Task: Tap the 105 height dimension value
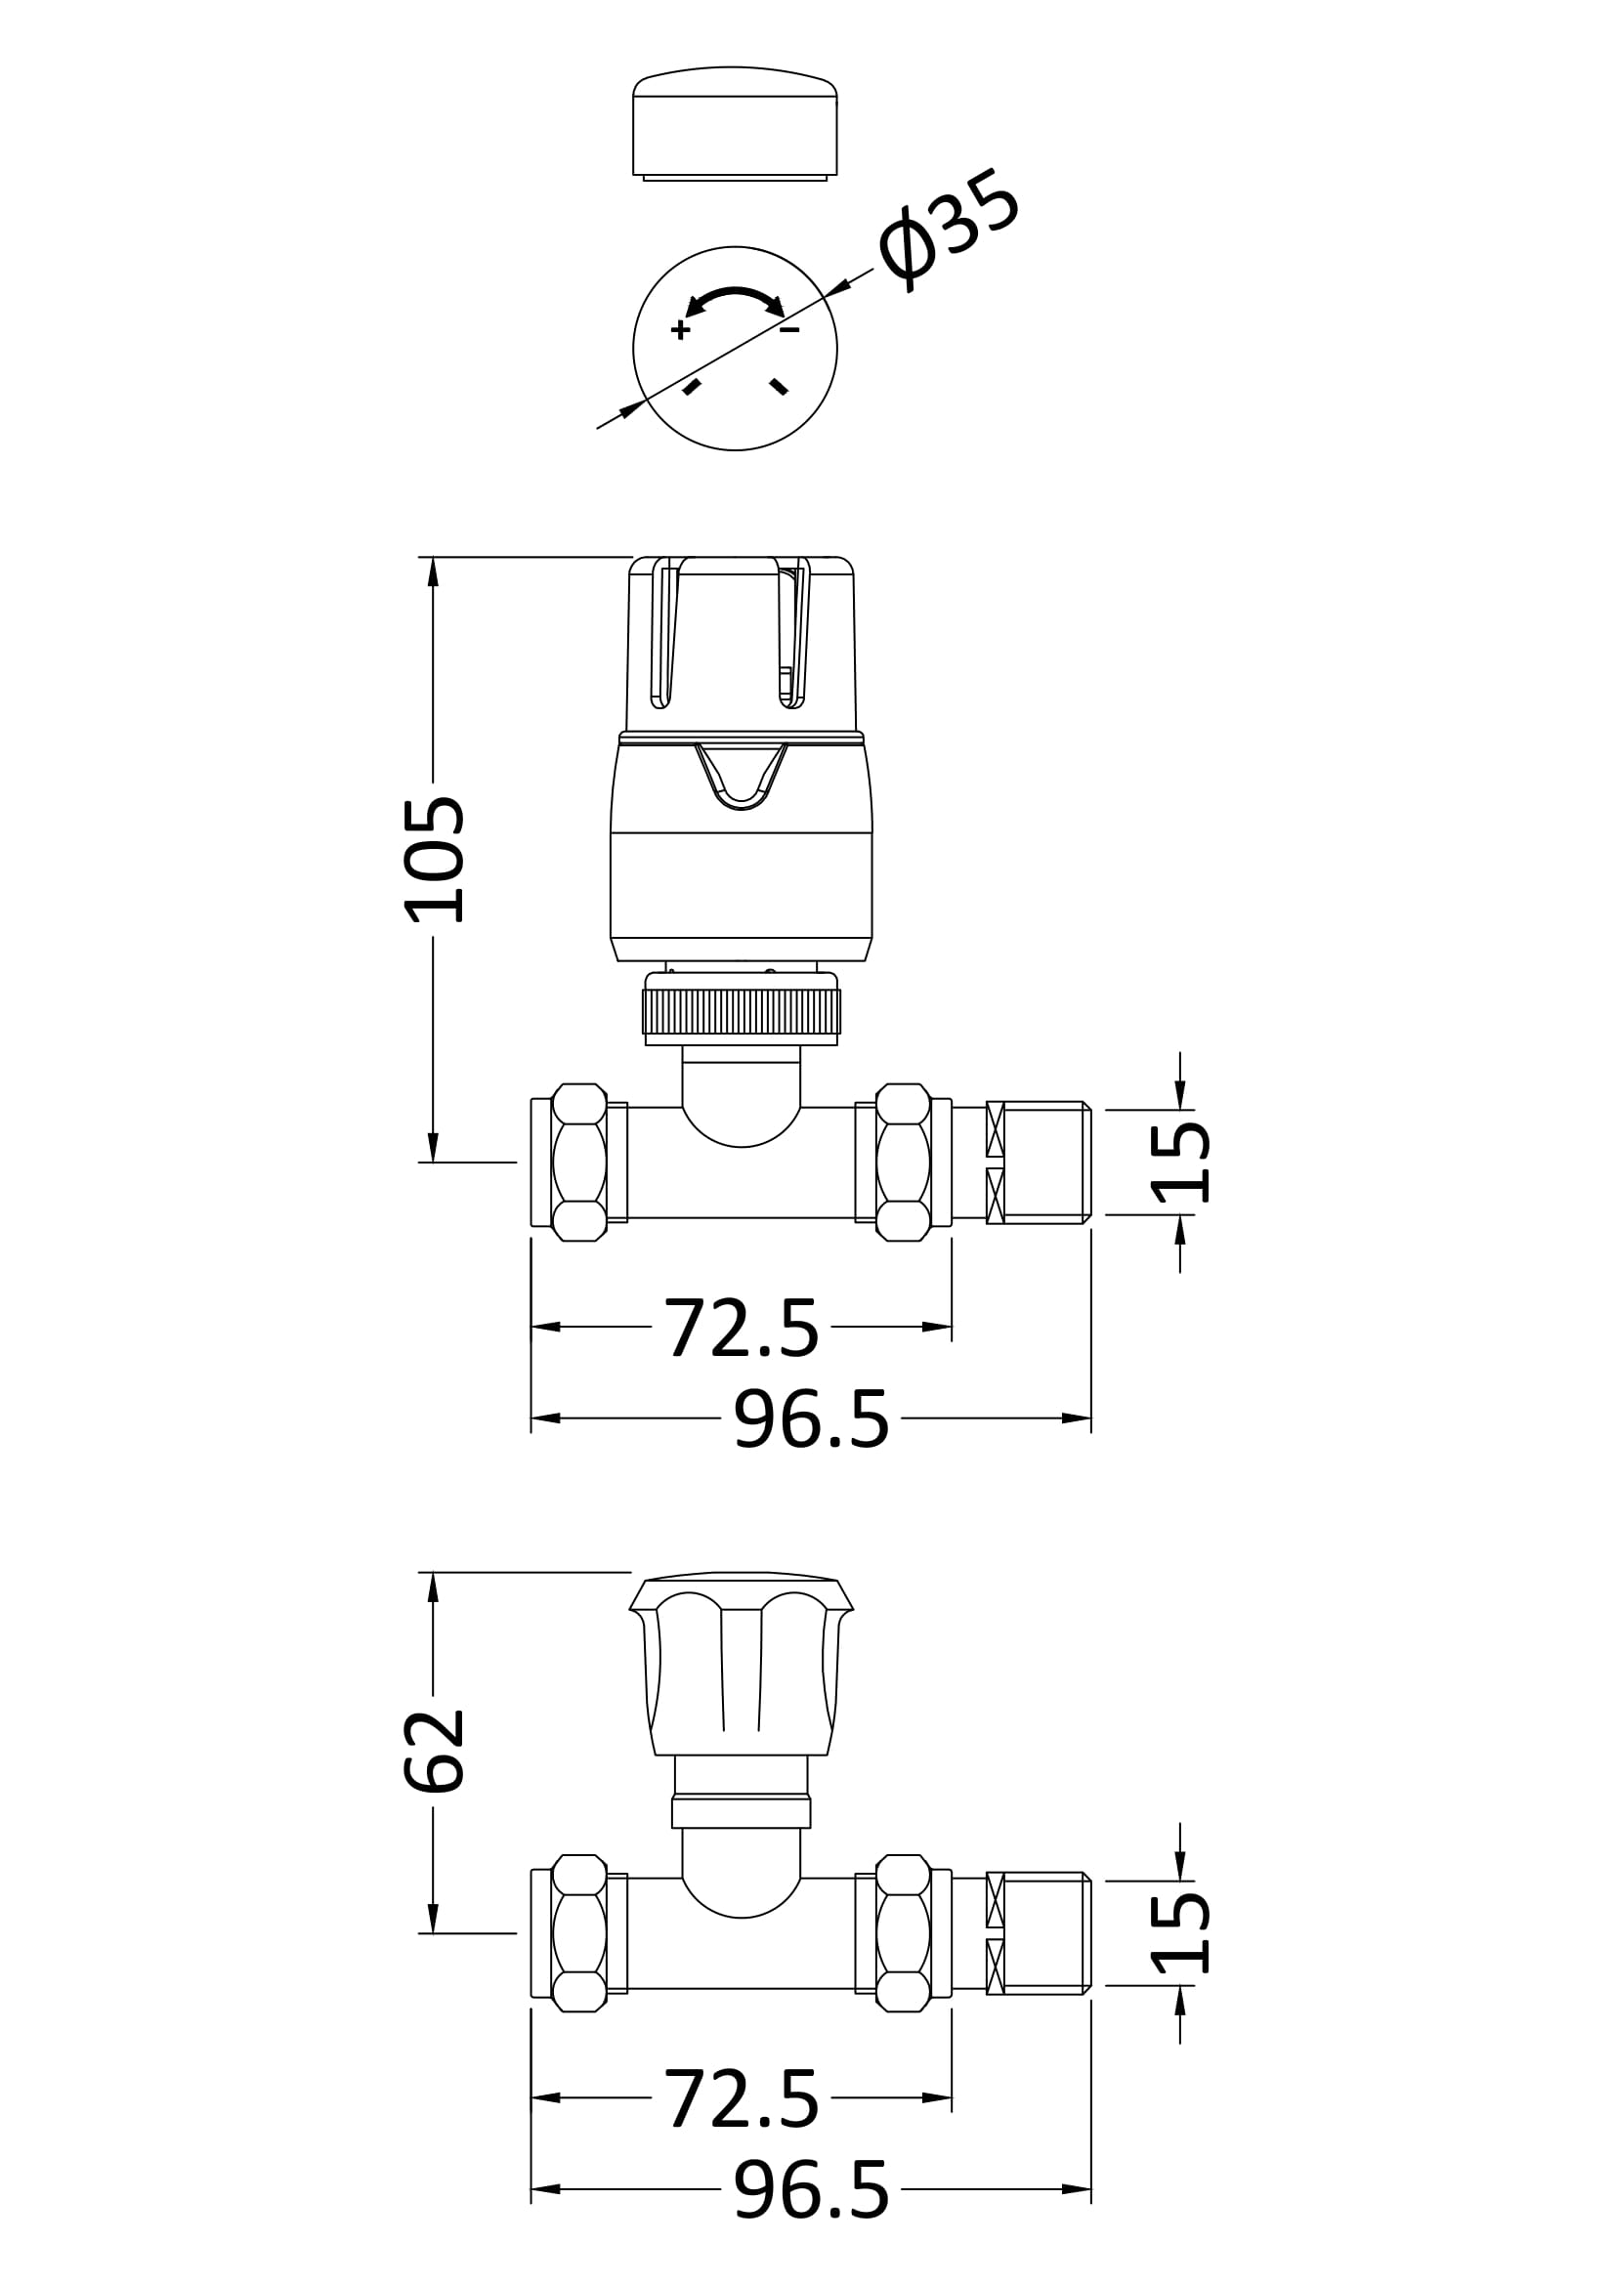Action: [434, 859]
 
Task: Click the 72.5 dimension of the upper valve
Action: [742, 1327]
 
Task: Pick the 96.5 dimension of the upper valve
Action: [811, 1419]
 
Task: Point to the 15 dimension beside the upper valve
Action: [1180, 1163]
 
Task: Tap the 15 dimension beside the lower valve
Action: [1180, 1933]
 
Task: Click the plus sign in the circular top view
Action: [681, 329]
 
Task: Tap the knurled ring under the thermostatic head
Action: [742, 1010]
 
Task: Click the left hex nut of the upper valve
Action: [579, 1163]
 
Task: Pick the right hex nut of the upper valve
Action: [904, 1163]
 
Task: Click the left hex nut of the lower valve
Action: [579, 1933]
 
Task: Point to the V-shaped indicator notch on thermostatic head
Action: [742, 777]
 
